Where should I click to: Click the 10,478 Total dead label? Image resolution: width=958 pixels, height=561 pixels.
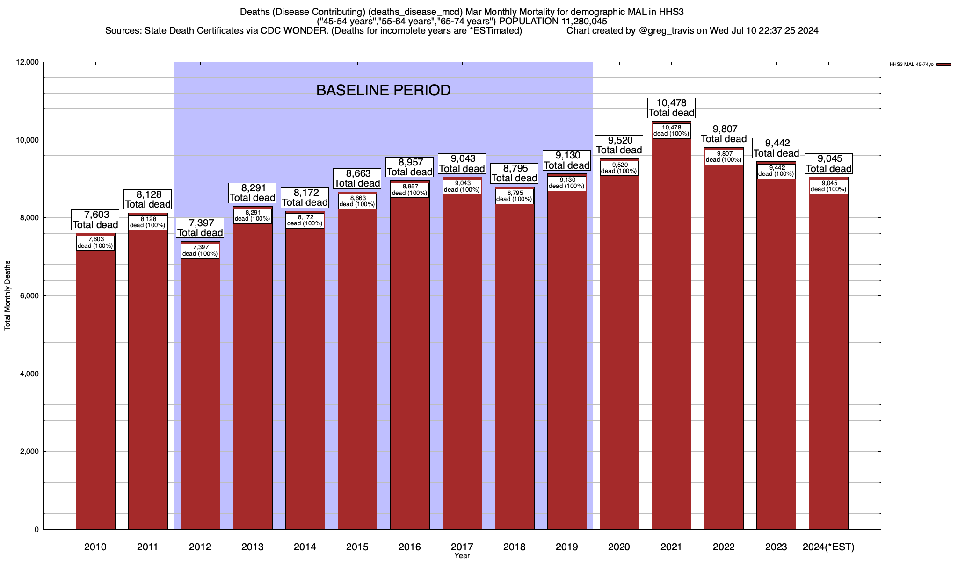671,108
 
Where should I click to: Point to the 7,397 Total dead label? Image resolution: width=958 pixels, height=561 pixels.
200,228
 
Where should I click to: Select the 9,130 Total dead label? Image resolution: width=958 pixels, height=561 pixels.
567,160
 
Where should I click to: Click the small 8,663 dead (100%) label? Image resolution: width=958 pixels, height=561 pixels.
357,201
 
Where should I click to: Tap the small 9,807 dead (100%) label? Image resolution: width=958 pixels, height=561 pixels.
724,157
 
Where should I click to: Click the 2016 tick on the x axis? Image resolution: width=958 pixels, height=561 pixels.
409,547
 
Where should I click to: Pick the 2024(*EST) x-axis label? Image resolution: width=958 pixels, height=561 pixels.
828,547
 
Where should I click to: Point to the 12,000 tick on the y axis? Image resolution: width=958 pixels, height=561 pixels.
28,62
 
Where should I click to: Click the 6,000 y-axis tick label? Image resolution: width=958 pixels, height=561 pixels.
29,296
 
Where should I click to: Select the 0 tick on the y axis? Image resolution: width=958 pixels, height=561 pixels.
36,530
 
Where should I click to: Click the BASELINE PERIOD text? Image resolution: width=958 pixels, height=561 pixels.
383,90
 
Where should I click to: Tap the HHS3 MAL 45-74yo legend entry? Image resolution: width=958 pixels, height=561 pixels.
912,65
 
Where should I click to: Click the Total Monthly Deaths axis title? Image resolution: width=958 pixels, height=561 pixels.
7,295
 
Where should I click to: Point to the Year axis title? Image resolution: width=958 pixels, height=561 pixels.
462,556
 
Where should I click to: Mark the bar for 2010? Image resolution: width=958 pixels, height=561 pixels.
95,383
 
